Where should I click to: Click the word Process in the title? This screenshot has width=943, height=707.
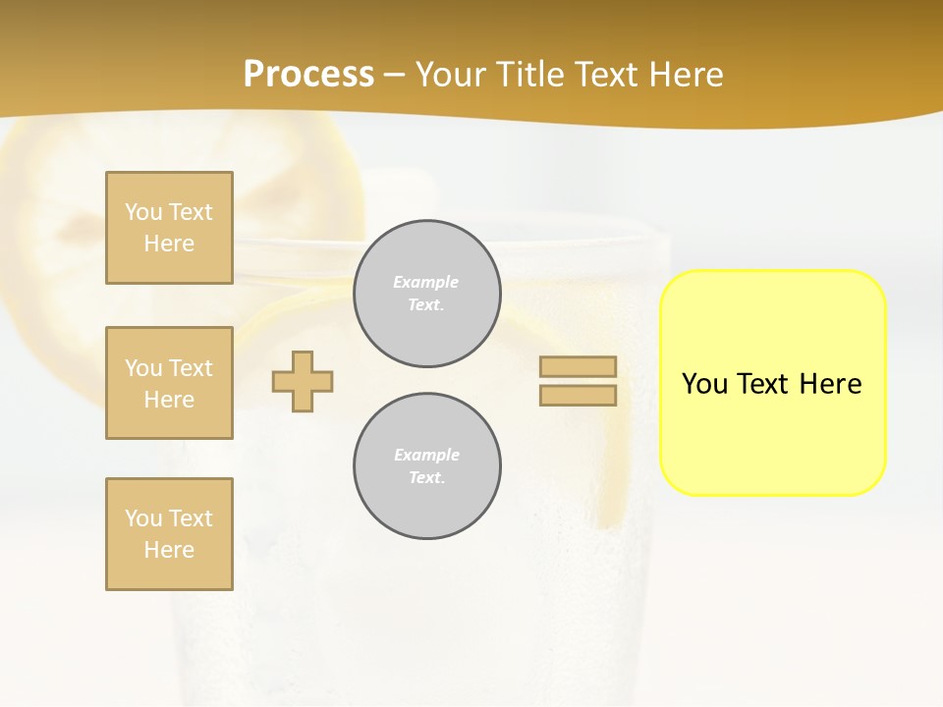click(x=308, y=75)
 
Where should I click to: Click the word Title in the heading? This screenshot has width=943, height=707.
click(x=527, y=75)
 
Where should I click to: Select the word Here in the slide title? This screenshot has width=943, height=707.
click(x=685, y=75)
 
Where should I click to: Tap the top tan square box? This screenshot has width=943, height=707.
click(x=169, y=228)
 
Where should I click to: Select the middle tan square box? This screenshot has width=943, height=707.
click(x=169, y=383)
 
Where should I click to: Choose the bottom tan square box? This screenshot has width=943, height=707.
click(x=169, y=534)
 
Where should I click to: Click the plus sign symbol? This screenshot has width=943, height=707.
click(x=303, y=381)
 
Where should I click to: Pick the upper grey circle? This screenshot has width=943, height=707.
click(x=427, y=294)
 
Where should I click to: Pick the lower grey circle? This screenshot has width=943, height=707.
click(x=427, y=466)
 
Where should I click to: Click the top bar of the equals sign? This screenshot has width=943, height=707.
click(x=578, y=367)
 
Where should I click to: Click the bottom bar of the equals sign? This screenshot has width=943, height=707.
click(x=578, y=396)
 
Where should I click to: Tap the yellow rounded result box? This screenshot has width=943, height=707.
click(x=772, y=432)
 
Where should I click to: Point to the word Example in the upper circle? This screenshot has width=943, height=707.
click(x=425, y=282)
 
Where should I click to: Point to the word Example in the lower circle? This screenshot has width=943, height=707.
click(x=426, y=455)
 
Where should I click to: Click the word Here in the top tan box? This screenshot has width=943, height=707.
click(x=169, y=244)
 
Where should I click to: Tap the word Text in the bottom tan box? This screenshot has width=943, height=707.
click(x=190, y=518)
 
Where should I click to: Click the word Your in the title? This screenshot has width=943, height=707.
click(x=449, y=75)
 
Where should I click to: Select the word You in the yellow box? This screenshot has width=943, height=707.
click(x=703, y=384)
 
